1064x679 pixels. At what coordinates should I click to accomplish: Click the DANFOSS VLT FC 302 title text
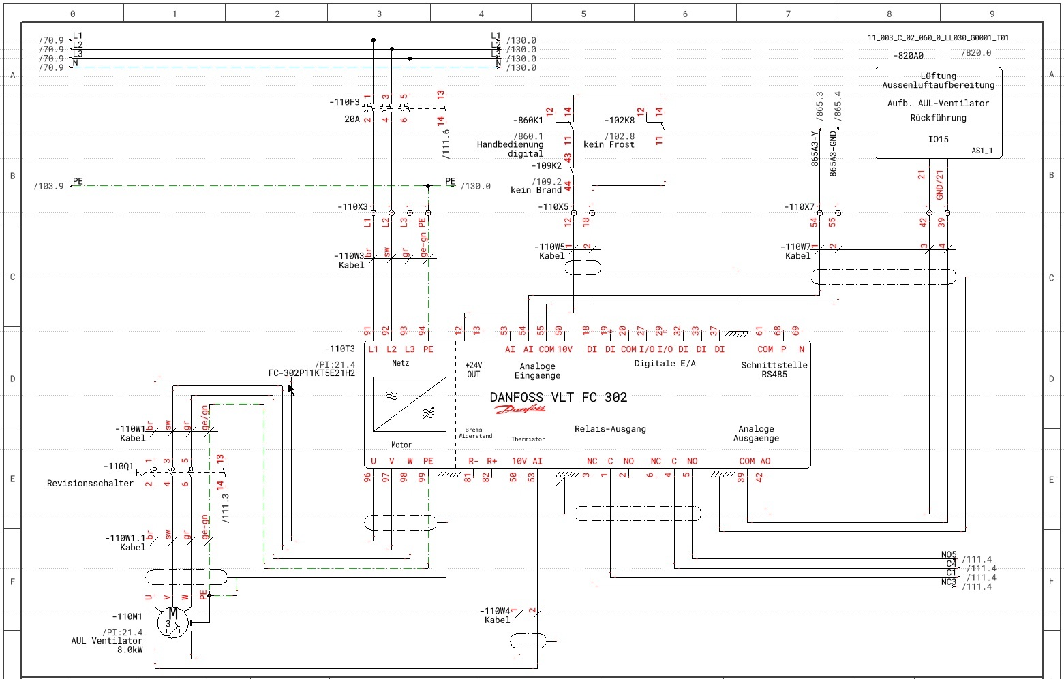558,398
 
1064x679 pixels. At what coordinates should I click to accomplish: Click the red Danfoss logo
520,409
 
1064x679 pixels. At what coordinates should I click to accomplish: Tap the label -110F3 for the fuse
344,102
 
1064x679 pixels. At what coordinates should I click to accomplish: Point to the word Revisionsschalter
90,484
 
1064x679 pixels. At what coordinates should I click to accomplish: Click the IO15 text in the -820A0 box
938,140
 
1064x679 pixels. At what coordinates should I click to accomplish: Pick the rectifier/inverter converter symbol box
410,405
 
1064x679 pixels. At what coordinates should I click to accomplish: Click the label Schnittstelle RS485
774,370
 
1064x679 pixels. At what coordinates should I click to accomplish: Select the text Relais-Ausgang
610,429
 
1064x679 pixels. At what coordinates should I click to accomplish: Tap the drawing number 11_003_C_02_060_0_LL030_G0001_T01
938,38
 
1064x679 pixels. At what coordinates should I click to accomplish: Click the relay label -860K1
528,121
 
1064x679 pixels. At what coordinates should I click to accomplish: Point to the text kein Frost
609,144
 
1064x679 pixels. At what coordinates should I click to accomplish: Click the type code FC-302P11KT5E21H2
311,373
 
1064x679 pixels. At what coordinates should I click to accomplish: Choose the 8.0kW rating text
130,650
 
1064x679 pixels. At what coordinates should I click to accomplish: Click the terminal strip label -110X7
799,206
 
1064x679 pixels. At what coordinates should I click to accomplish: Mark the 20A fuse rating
352,119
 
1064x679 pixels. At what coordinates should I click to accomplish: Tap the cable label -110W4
495,611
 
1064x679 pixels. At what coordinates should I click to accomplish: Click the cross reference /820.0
976,53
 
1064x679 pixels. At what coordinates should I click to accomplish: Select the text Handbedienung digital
511,149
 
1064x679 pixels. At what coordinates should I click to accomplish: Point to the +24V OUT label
473,370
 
